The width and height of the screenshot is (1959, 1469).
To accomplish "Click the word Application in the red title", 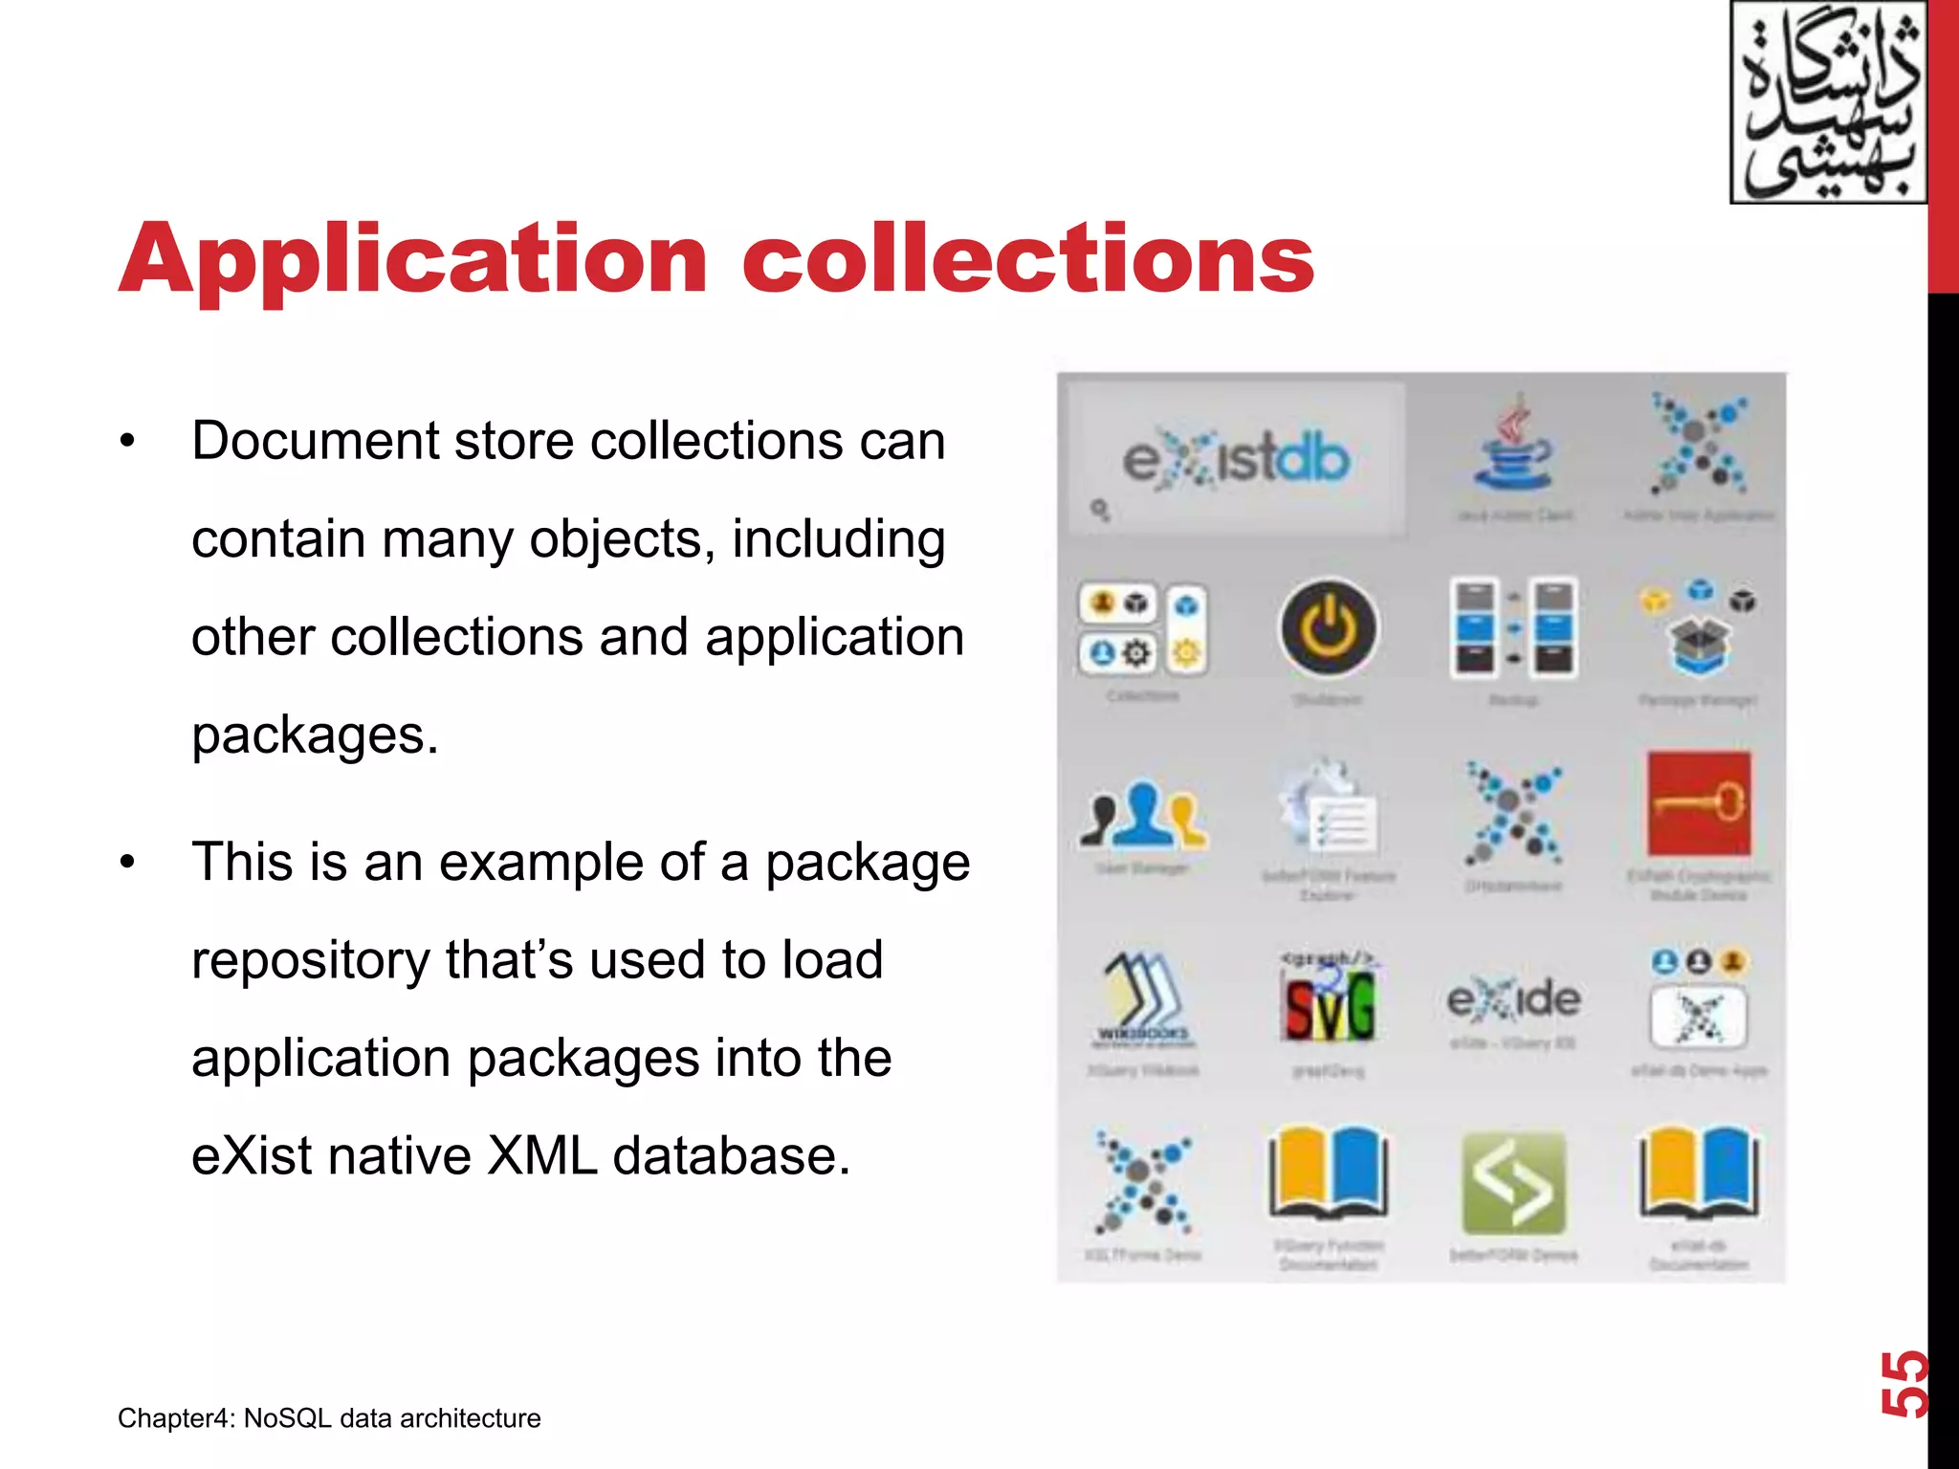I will (x=413, y=260).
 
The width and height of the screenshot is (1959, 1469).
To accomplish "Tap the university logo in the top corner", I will (x=1828, y=102).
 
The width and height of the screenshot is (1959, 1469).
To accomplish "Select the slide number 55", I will (x=1904, y=1384).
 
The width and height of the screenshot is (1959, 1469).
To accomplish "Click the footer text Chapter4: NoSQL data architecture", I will (x=329, y=1417).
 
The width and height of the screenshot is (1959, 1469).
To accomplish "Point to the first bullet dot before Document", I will (x=128, y=443).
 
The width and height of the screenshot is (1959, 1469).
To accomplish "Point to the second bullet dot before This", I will (x=128, y=863).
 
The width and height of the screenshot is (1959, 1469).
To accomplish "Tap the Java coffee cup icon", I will (x=1513, y=449).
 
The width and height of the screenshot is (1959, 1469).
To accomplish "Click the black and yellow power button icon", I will (x=1329, y=628).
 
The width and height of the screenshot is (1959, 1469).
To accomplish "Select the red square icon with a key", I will (x=1699, y=803).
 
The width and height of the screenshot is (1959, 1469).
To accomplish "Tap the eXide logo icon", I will (x=1513, y=1000).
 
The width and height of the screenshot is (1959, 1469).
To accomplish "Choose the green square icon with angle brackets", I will (x=1513, y=1184).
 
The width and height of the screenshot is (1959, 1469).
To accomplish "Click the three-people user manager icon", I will (x=1144, y=815).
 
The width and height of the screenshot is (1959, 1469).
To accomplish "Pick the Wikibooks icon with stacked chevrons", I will (x=1144, y=1000).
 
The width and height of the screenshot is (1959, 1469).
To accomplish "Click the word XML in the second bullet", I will (x=541, y=1155).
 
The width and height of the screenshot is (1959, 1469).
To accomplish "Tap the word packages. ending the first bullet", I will (x=315, y=735).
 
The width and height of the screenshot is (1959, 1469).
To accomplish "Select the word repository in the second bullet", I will (x=310, y=960).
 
